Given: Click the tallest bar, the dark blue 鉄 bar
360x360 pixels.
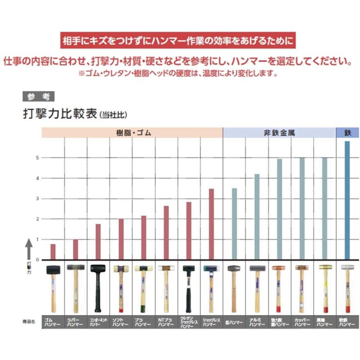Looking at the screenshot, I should [x=347, y=200].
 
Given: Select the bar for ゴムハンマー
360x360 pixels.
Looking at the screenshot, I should [x=53, y=252].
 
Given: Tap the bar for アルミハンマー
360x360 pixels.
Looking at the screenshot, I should [x=257, y=216].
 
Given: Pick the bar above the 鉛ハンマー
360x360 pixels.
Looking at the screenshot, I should [x=234, y=224].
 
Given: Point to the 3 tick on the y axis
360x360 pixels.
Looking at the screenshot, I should [x=37, y=199].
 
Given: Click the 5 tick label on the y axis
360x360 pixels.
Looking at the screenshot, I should [x=37, y=158].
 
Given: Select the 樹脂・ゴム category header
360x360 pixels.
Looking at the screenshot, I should [x=132, y=132].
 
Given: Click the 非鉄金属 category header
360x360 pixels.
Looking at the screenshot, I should [x=279, y=132].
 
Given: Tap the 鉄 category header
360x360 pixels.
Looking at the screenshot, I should [x=348, y=132].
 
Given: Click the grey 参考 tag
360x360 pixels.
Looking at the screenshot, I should [x=38, y=96].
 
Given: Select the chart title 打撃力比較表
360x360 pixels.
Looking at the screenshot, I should [x=60, y=114].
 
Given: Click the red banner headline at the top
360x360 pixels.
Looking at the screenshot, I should [x=178, y=40].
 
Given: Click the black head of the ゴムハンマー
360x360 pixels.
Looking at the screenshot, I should [x=53, y=270].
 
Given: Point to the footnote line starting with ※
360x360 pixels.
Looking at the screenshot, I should [x=178, y=74].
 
